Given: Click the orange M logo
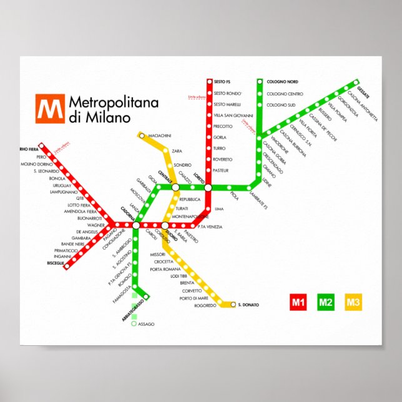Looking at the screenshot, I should tap(51, 109).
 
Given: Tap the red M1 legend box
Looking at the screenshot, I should tap(298, 303).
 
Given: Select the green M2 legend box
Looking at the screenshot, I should tap(325, 303).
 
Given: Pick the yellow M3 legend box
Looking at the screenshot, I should tap(353, 303).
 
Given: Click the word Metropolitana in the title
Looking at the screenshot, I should tap(114, 102).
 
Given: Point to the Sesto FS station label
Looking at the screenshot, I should tap(222, 82).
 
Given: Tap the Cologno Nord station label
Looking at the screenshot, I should tap(282, 82).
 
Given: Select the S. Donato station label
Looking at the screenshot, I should tap(248, 305).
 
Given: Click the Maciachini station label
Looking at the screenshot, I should tap(159, 135).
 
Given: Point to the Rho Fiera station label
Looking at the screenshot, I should tap(29, 149).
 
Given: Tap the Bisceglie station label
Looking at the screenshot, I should tap(56, 263).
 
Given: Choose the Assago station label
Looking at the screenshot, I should tap(145, 324).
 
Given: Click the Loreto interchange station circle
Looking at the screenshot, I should tap(208, 187).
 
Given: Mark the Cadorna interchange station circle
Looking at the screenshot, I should tap(136, 225).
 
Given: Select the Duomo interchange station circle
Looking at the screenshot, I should tap(165, 225).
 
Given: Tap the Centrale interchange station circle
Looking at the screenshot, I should tap(175, 187).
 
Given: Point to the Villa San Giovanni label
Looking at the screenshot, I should tap(233, 115).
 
